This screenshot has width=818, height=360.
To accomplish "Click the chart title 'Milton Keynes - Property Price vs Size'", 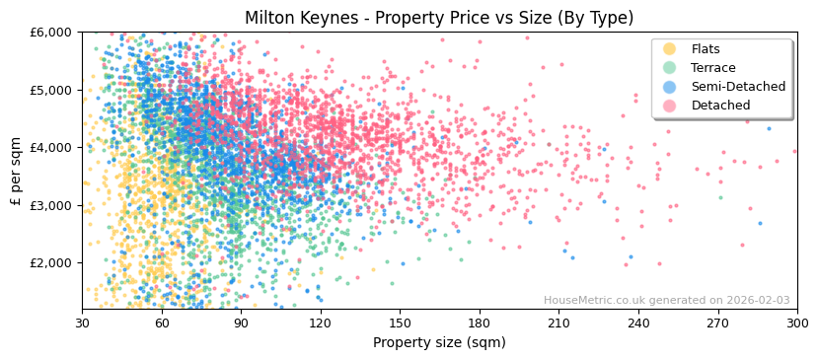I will (439, 18).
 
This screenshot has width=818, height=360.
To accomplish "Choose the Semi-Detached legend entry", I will (738, 87).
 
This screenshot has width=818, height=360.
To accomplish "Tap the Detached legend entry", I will (721, 106).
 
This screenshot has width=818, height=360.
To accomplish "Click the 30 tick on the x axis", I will (82, 323).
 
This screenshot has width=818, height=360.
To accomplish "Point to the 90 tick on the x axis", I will (241, 323).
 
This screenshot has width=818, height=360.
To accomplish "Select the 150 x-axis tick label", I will (400, 323).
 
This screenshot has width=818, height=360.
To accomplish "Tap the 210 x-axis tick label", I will (558, 323).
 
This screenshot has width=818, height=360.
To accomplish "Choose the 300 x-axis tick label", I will (796, 323).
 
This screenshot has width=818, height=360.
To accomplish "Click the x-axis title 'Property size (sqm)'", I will (439, 342).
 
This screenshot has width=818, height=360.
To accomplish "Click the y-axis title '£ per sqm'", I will (17, 171).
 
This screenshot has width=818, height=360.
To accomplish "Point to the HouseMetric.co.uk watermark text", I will (666, 301).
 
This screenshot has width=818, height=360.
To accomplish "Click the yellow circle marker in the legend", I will (670, 49).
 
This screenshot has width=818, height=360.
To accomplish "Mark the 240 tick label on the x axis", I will (638, 323).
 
